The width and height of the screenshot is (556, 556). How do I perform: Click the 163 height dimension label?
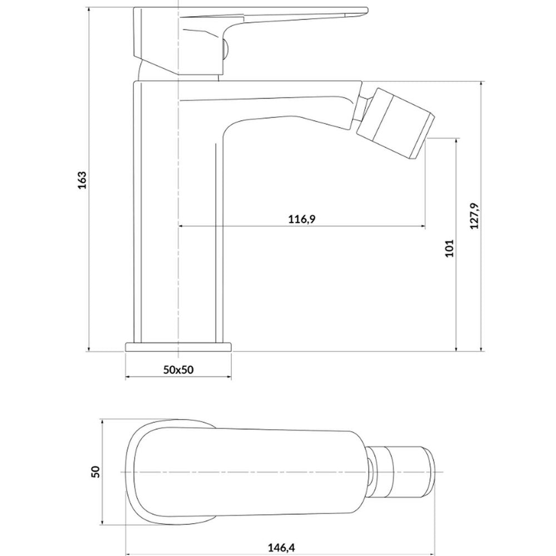[x=82, y=180]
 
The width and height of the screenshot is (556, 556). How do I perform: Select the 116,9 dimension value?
[x=301, y=219]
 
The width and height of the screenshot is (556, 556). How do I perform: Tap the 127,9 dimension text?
[x=474, y=216]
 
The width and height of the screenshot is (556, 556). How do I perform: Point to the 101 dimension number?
[x=449, y=248]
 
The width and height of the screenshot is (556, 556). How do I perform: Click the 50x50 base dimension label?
[x=178, y=370]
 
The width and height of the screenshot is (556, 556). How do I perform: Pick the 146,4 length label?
[x=281, y=548]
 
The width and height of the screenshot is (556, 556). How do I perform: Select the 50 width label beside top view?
[x=96, y=471]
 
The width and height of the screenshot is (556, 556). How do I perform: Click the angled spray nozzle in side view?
[x=395, y=123]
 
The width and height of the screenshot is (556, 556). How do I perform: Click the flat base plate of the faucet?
[x=178, y=347]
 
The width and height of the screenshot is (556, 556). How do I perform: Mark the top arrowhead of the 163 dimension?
[x=88, y=10]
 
